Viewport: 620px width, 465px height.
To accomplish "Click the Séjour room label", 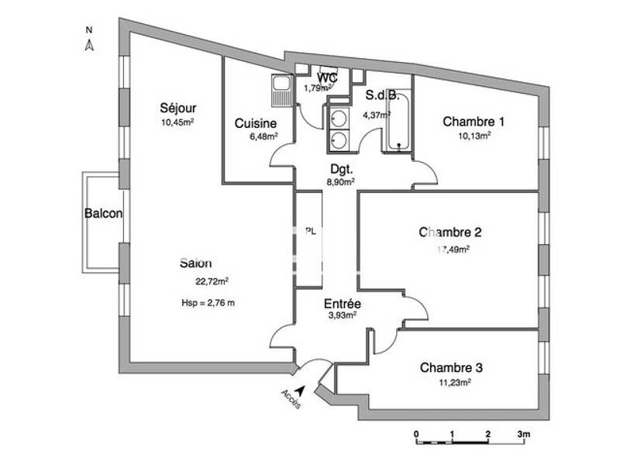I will tap(177, 108).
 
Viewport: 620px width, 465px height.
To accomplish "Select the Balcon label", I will tap(103, 214).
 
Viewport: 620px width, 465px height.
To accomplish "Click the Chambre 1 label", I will tap(474, 121).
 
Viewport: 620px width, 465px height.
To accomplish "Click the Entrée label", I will tap(342, 304).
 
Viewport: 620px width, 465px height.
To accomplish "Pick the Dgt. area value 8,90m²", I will tap(342, 182).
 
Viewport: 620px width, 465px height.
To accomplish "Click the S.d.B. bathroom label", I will tap(382, 96).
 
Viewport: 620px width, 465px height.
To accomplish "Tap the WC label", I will tap(326, 77).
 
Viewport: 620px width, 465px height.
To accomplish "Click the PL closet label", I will tap(311, 230).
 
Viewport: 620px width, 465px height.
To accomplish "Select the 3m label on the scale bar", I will tap(523, 433).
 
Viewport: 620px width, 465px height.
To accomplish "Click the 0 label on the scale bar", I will tap(416, 433).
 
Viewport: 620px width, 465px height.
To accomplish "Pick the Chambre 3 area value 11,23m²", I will tap(456, 381).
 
